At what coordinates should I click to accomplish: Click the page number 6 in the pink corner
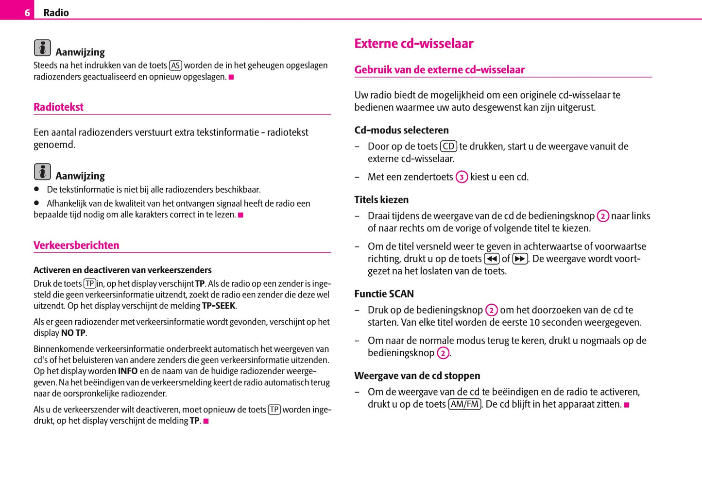pos(27,13)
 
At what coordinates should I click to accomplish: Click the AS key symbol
pos(175,66)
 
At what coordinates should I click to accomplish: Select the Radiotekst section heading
pos(58,107)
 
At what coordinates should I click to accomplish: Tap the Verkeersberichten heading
pos(76,245)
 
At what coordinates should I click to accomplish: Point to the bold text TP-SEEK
pos(219,306)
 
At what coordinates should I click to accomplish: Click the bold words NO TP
pos(73,333)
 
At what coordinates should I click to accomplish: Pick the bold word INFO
pos(128,371)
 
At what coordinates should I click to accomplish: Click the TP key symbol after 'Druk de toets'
pos(90,284)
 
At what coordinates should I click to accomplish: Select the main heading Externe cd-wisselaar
pos(413,44)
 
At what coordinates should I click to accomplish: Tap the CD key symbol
pos(448,147)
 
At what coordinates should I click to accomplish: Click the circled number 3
pos(462,177)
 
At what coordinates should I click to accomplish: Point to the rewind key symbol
pos(492,259)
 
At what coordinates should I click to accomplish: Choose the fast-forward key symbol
pos(520,259)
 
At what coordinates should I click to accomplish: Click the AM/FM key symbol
pos(464,404)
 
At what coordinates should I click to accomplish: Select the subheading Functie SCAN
pos(384,294)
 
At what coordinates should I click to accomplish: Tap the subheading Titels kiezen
pos(381,199)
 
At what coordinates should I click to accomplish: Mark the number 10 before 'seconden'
pos(534,322)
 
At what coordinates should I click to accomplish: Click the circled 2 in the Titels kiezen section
pos(603,216)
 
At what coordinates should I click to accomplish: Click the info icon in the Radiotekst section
pos(42,172)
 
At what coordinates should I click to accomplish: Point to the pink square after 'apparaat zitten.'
pos(627,405)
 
